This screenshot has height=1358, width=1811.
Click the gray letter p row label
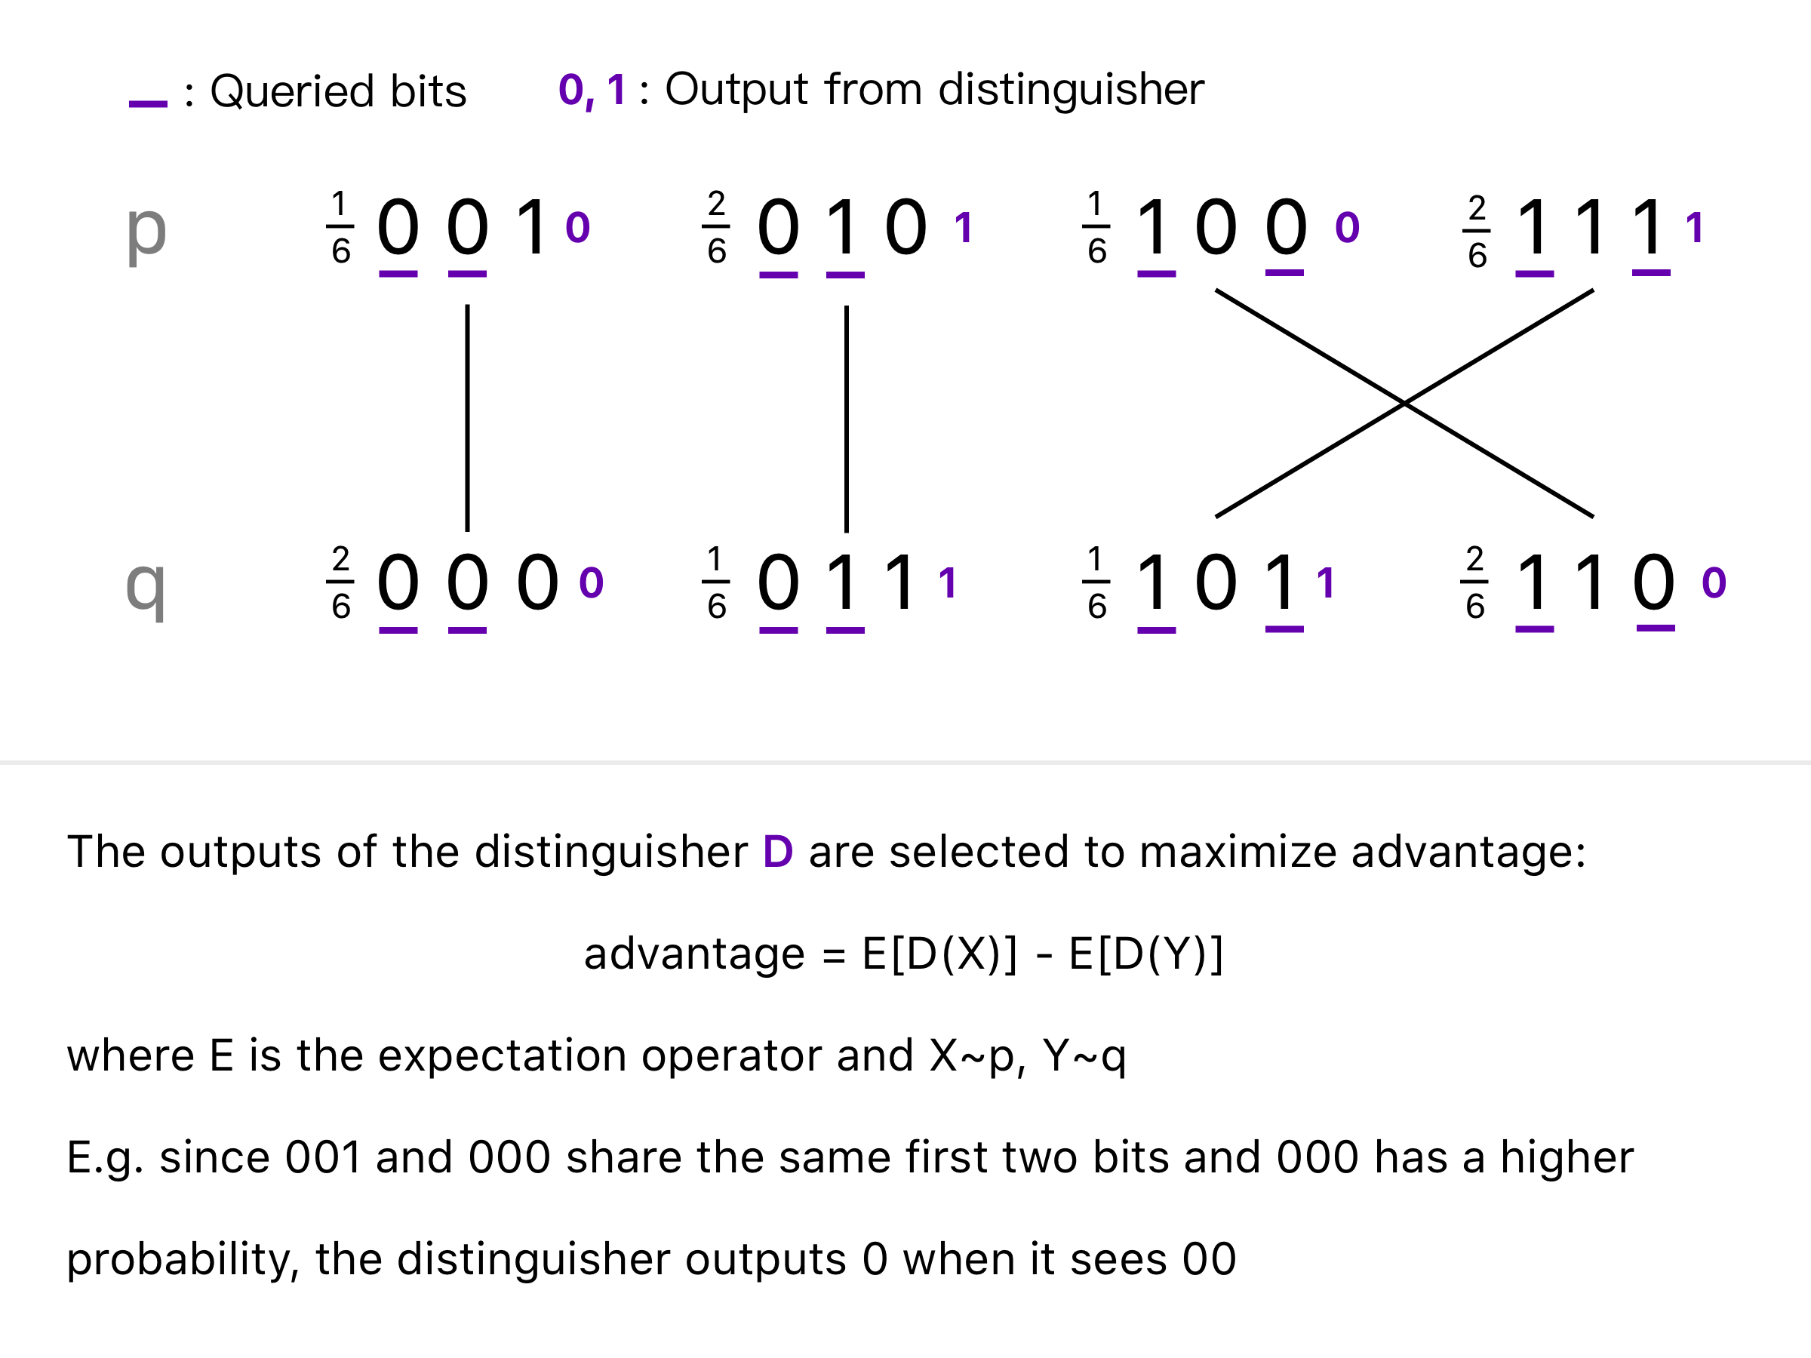click(x=146, y=232)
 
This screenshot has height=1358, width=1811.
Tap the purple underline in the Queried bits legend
click(x=148, y=104)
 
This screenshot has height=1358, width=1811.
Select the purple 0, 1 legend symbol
click(x=592, y=90)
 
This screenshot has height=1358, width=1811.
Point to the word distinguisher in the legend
click(x=1071, y=89)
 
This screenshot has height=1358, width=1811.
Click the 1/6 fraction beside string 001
click(x=340, y=228)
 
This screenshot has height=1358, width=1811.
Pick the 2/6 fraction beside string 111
click(x=1477, y=231)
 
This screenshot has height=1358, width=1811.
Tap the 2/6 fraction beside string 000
click(x=340, y=582)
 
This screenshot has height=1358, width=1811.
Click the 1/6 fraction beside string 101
click(x=1097, y=582)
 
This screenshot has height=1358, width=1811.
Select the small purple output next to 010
click(x=964, y=228)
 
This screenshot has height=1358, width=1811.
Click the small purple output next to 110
click(x=1714, y=583)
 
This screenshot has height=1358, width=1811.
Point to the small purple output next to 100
click(x=1347, y=228)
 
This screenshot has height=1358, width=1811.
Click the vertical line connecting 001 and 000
click(x=468, y=417)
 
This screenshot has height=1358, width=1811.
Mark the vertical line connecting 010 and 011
click(x=847, y=417)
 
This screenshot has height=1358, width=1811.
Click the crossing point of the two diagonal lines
click(x=1404, y=403)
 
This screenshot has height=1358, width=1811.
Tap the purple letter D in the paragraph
click(x=778, y=851)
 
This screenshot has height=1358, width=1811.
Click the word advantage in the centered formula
click(x=694, y=954)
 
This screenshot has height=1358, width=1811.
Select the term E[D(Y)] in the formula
click(x=1146, y=954)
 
